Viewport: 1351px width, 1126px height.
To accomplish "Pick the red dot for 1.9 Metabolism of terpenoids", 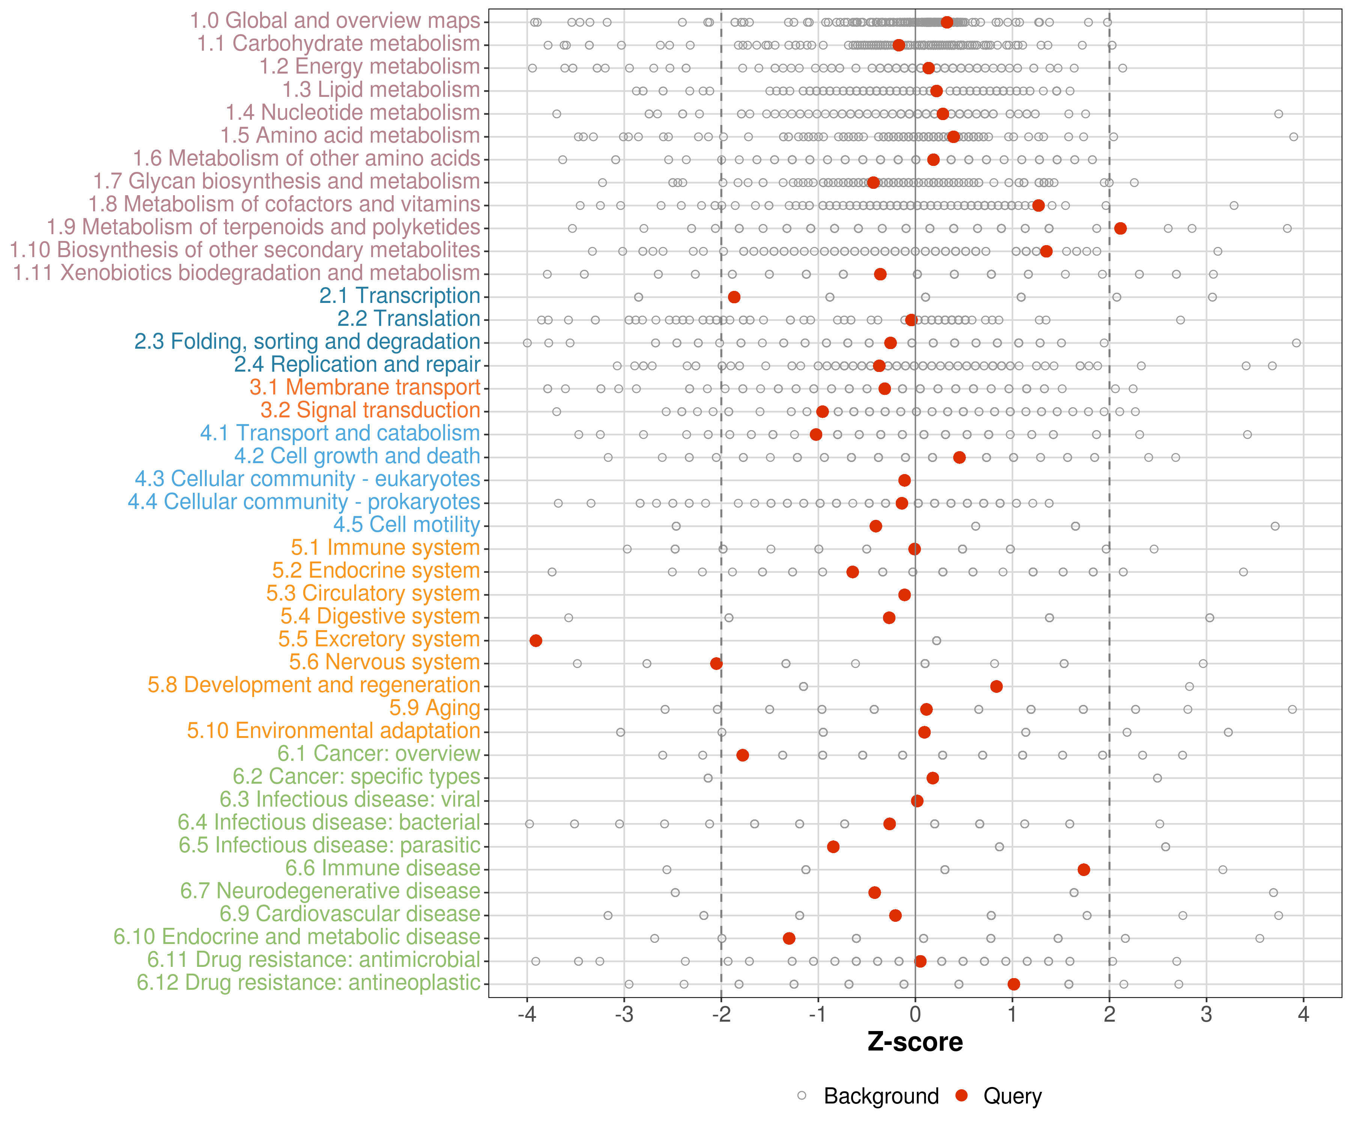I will click(x=1120, y=229).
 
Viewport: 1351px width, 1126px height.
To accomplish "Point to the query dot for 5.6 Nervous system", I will click(x=716, y=663).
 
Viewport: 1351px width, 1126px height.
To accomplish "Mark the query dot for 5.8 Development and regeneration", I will click(x=996, y=686).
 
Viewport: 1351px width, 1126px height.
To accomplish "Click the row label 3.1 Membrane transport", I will click(x=365, y=387).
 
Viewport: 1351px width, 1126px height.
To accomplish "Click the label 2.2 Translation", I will click(x=409, y=319).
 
